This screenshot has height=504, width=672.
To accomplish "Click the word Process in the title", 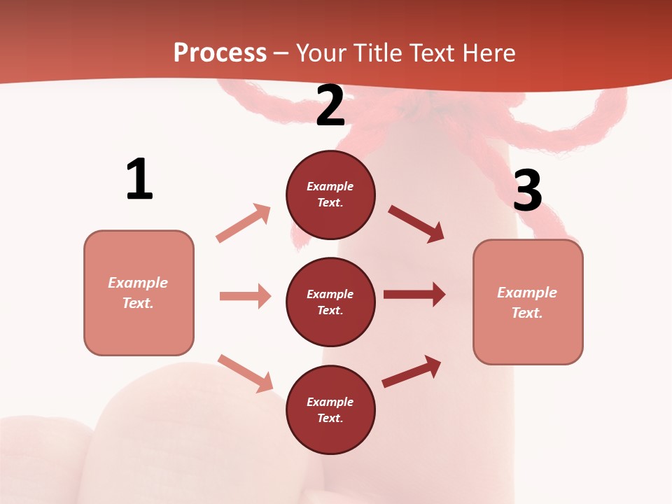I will [x=220, y=53].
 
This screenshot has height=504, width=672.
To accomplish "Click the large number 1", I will [x=139, y=179].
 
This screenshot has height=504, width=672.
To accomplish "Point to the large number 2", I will [x=330, y=106].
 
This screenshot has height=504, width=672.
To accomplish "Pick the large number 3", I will [x=527, y=190].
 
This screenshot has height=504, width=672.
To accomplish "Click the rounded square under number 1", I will [x=139, y=293].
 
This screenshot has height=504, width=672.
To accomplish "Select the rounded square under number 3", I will [x=528, y=302].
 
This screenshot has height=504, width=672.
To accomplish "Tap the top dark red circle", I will [x=330, y=195].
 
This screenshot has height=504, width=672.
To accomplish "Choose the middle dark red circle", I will [x=330, y=302].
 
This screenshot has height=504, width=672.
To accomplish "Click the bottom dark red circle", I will [x=330, y=409].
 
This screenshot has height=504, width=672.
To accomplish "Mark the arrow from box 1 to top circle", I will [x=244, y=223].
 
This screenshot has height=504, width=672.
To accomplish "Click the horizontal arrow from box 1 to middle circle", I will [x=245, y=296].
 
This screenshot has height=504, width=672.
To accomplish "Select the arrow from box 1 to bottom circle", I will [x=245, y=372].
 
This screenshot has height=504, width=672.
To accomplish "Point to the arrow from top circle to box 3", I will [x=416, y=224].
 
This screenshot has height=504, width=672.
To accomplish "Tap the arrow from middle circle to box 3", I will [x=414, y=294].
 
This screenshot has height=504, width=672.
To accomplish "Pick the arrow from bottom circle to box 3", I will [x=412, y=371].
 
